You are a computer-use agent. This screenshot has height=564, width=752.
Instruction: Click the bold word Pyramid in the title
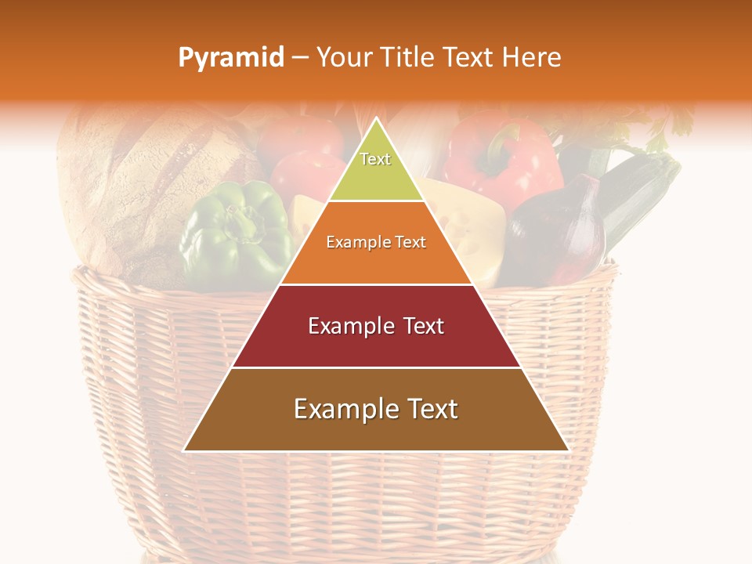point(231,57)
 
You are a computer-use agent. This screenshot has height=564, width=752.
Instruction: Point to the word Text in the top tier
point(375,159)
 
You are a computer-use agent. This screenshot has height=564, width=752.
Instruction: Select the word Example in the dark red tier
point(349,326)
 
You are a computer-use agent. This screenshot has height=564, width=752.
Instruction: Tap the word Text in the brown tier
point(427,409)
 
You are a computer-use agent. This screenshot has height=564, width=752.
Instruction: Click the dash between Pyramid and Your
point(300,58)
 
